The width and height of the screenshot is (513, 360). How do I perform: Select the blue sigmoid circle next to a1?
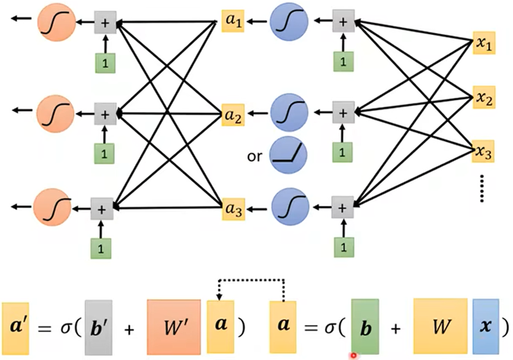[x=288, y=23]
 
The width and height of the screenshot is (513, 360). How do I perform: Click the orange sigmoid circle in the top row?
[x=55, y=23]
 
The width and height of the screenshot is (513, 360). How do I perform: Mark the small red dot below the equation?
[x=353, y=356]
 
